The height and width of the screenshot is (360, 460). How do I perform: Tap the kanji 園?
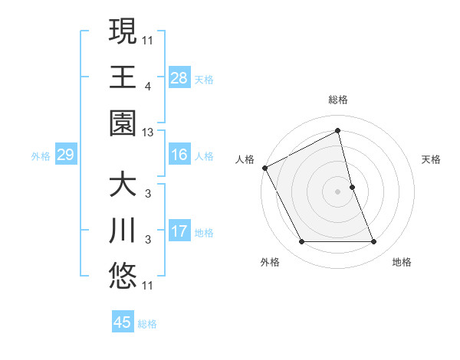tap(123, 123)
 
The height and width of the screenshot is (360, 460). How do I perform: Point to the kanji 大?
tap(123, 186)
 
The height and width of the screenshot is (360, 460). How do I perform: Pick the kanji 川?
tap(123, 231)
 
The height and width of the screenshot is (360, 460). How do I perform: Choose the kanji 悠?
tap(123, 277)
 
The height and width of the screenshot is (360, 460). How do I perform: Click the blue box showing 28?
tap(179, 77)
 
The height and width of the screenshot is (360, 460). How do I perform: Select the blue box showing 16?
tap(179, 155)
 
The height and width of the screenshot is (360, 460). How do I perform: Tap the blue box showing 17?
tap(179, 231)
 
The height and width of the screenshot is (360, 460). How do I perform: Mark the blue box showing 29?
tap(65, 155)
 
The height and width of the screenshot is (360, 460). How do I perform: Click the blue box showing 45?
tap(123, 322)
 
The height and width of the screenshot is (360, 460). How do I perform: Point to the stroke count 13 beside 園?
tap(148, 133)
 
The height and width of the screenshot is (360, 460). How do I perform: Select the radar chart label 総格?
tap(338, 100)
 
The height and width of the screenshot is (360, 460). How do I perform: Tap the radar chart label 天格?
tap(432, 159)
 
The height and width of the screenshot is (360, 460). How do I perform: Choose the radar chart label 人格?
tap(245, 159)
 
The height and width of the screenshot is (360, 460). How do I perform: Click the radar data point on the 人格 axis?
tap(264, 167)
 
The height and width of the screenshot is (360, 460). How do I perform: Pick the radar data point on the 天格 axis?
tap(352, 187)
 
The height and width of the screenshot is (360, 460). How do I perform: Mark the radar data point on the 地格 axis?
tap(374, 242)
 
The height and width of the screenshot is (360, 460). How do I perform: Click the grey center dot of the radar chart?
tap(338, 191)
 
